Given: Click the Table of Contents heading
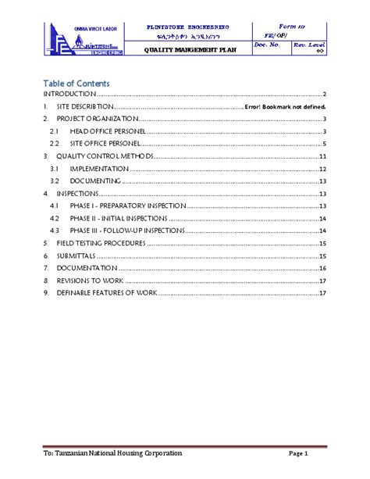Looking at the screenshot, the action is coord(76,83).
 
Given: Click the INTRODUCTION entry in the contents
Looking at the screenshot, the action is coord(69,94).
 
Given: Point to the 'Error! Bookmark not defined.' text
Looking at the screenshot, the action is coord(285,106).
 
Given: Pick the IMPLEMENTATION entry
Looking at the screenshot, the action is coord(99,169).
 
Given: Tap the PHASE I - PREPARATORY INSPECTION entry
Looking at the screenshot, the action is coord(127,206).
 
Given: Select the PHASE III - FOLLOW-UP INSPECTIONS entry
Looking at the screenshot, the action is coord(127,231).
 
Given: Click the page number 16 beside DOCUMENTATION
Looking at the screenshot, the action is coord(322,268).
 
